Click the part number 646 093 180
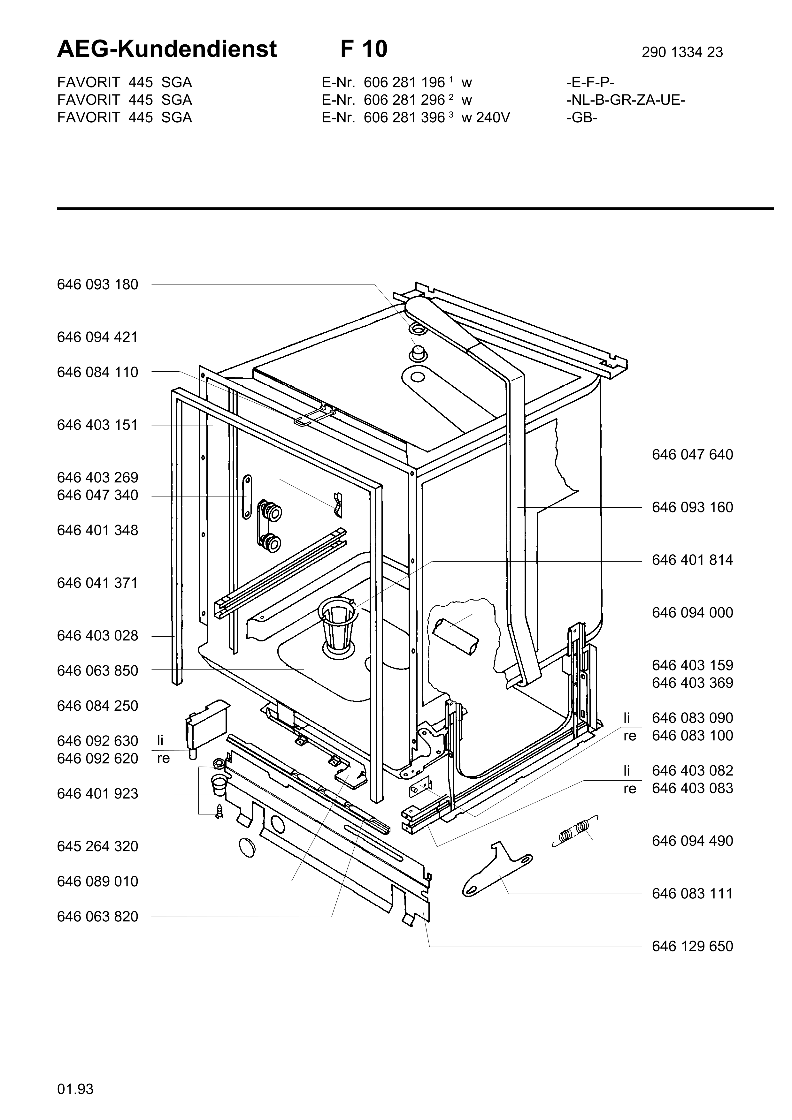pos(97,284)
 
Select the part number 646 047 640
pos(692,455)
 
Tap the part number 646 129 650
pos(692,946)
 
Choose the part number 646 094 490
pos(692,841)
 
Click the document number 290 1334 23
pos(682,52)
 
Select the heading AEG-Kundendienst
pos(167,49)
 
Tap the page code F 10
pos(364,49)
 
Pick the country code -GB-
pos(582,117)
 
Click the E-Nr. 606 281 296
pos(404,100)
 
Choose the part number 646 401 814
pos(692,560)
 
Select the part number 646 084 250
pos(97,706)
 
